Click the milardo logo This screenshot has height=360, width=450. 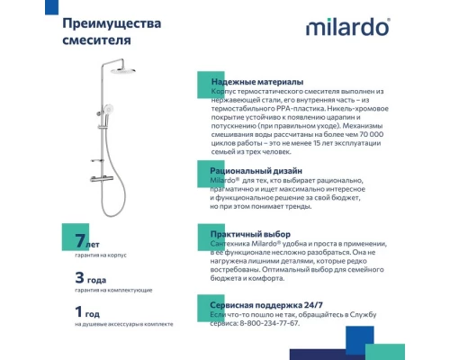[x=348, y=27]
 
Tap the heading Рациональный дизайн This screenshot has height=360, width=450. [x=256, y=169]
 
